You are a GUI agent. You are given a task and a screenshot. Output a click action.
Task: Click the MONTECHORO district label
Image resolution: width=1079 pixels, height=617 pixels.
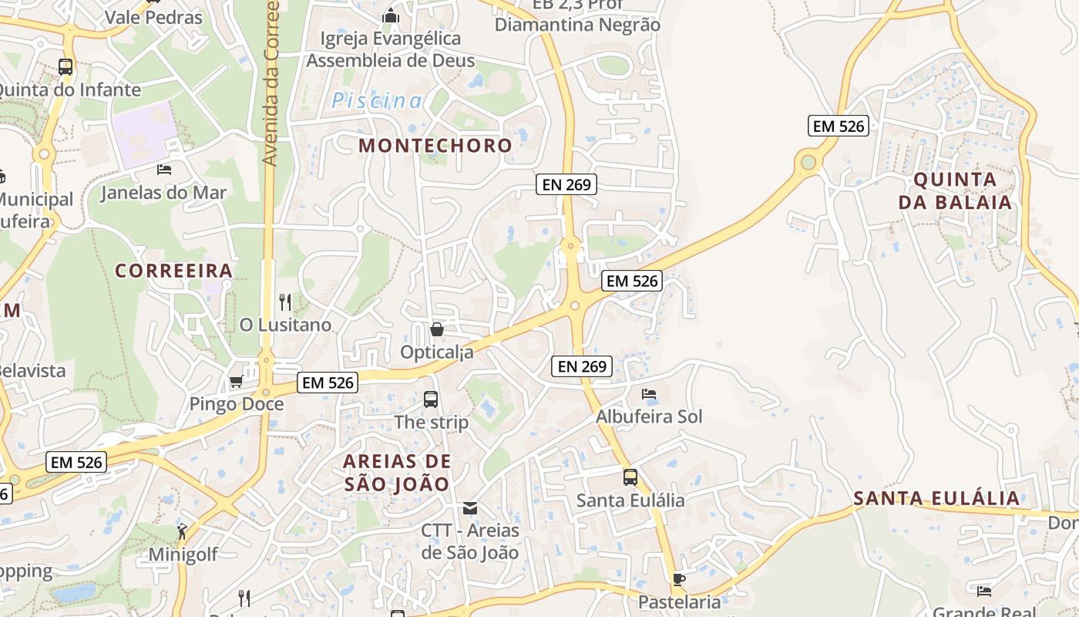435,145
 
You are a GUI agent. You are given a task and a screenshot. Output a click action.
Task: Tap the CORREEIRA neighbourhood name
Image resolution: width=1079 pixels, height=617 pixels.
173,271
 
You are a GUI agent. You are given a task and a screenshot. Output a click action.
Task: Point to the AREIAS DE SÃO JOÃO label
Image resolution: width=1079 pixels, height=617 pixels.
396,473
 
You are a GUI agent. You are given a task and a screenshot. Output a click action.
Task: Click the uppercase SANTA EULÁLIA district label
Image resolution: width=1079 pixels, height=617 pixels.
936,498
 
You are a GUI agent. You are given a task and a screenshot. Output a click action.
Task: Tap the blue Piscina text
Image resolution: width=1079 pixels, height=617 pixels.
377,100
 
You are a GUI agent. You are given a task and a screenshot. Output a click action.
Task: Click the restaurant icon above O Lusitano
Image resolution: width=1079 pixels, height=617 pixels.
285,302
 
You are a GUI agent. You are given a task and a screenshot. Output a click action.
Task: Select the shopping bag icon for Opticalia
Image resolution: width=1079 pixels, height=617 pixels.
437,329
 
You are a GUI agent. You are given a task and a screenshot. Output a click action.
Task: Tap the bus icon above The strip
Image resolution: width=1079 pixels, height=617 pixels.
431,400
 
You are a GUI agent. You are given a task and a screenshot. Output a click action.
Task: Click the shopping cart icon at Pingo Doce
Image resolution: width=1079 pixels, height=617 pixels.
236,381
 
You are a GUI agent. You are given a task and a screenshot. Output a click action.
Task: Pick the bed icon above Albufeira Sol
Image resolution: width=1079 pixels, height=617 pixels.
649,394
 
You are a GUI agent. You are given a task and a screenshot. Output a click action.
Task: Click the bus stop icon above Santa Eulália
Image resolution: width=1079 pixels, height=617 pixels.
630,477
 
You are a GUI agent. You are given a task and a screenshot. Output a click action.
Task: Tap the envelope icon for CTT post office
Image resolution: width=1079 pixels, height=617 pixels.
469,508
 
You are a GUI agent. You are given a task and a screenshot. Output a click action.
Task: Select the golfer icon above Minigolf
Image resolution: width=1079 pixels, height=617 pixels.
182,531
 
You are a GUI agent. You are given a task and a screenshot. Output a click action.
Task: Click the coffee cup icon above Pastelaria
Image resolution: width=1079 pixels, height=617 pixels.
678,579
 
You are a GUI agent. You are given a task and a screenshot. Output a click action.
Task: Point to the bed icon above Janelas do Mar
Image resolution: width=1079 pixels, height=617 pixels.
163,169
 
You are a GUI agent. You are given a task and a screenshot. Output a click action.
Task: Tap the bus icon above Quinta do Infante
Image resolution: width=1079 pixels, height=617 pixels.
66,67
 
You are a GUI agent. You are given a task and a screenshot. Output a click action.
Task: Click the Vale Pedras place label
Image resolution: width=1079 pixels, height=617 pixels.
153,17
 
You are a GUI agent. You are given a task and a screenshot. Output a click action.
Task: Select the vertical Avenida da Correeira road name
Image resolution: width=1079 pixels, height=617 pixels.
270,85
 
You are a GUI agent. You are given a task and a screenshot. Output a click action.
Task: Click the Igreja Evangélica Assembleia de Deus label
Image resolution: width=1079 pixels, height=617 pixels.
391,49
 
